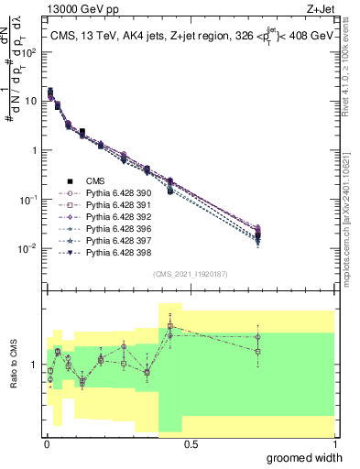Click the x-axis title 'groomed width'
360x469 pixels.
pyautogui.click(x=305, y=457)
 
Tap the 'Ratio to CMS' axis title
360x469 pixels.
pyautogui.click(x=14, y=365)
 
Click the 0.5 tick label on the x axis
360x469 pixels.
pyautogui.click(x=191, y=443)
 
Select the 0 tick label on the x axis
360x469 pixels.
pyautogui.click(x=48, y=443)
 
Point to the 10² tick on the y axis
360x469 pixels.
pyautogui.click(x=32, y=51)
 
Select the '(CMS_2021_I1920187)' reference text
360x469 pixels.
pyautogui.click(x=191, y=274)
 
